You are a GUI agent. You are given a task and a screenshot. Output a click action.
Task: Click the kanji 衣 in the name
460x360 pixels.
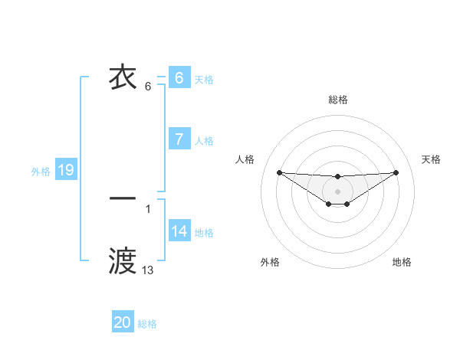(123, 77)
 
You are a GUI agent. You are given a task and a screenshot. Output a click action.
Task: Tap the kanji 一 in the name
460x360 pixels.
(123, 198)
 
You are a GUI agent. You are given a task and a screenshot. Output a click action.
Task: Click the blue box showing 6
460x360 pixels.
(179, 78)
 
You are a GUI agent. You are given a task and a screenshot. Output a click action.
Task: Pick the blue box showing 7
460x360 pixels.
(179, 139)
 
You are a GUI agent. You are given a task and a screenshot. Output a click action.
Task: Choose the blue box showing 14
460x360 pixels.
(179, 231)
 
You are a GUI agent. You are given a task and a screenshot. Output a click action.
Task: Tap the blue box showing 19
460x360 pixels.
(66, 171)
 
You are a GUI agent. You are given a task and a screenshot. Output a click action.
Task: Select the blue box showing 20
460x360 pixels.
(123, 322)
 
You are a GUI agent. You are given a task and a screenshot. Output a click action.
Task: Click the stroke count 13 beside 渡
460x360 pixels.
(147, 270)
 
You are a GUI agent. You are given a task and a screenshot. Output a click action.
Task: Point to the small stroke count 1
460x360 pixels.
(147, 208)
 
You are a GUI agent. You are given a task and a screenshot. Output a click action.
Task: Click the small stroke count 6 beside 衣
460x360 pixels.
(147, 86)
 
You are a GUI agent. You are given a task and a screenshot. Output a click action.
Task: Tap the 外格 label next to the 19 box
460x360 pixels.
(41, 172)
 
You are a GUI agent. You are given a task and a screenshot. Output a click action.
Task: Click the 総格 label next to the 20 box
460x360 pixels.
(147, 324)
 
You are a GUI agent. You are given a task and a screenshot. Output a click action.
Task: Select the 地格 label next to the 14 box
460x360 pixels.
(204, 232)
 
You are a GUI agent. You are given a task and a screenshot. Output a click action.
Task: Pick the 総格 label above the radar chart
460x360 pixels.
(338, 100)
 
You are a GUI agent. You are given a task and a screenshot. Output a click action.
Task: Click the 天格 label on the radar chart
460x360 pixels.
(432, 159)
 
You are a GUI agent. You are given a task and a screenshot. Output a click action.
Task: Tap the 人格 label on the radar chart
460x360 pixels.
(245, 159)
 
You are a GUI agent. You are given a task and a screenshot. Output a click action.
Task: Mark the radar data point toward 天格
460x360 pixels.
(396, 172)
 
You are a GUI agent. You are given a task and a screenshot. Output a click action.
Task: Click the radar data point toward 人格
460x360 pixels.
(279, 172)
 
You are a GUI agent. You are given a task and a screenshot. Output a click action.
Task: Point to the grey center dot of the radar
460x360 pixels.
(338, 191)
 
